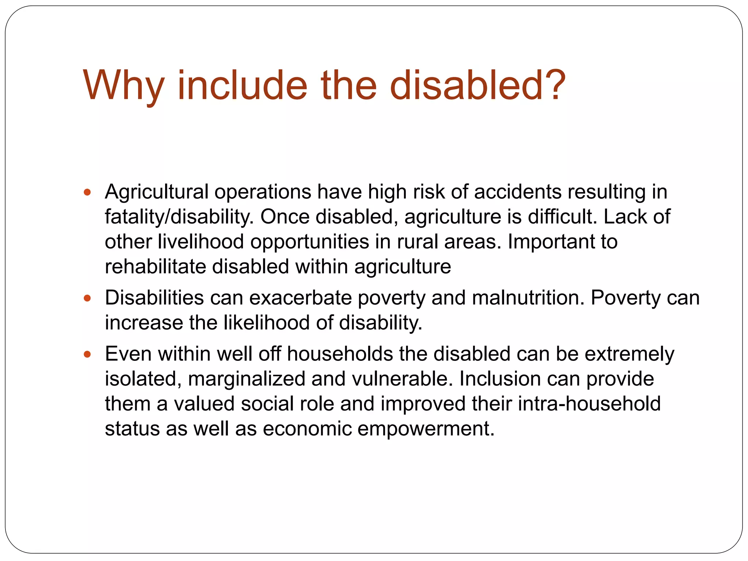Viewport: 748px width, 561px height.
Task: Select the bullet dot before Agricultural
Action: [x=87, y=192]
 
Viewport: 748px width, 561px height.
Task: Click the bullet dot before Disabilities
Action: [x=87, y=298]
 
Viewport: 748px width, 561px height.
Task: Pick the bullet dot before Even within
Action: [x=87, y=354]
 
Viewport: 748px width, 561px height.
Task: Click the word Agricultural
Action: [x=156, y=192]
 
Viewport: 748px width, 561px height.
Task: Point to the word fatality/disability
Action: [x=179, y=217]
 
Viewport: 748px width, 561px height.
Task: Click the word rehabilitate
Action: [x=155, y=267]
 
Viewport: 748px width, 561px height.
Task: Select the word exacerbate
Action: [x=300, y=298]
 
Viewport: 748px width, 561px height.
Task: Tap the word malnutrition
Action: [x=528, y=298]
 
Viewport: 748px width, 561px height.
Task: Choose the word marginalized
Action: [x=246, y=379]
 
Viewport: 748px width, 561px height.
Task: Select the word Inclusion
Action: [x=500, y=379]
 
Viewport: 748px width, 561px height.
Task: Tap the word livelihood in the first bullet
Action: [x=201, y=242]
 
